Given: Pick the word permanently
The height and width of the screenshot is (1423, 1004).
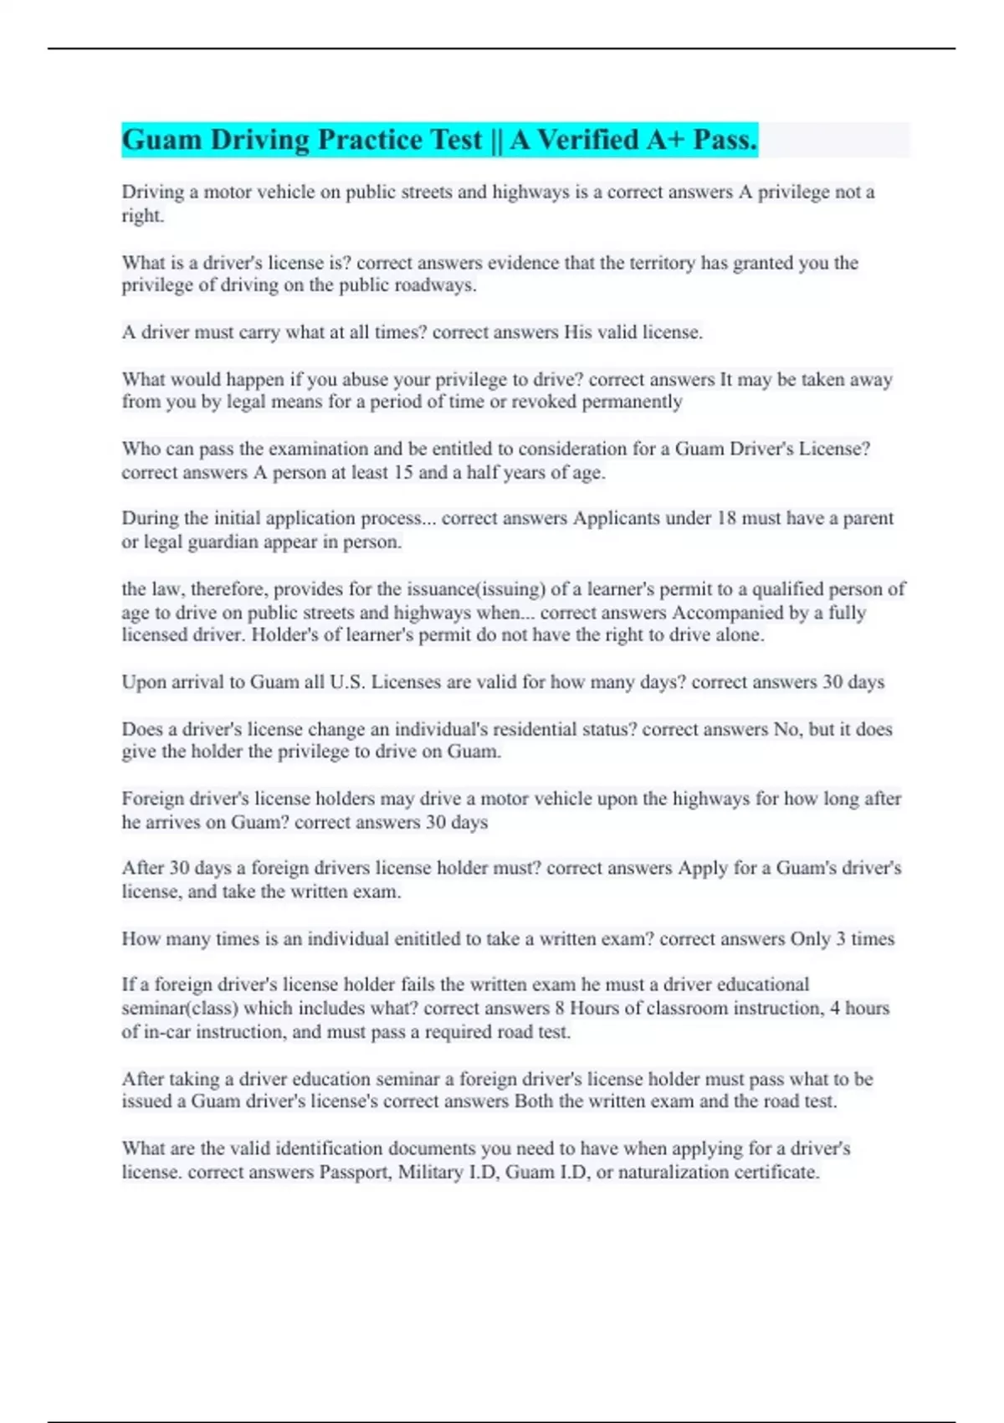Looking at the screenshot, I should (632, 402).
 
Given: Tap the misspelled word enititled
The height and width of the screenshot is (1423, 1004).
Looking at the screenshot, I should (348, 939).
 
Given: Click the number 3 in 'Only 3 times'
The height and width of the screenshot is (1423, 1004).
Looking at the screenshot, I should (840, 939).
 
